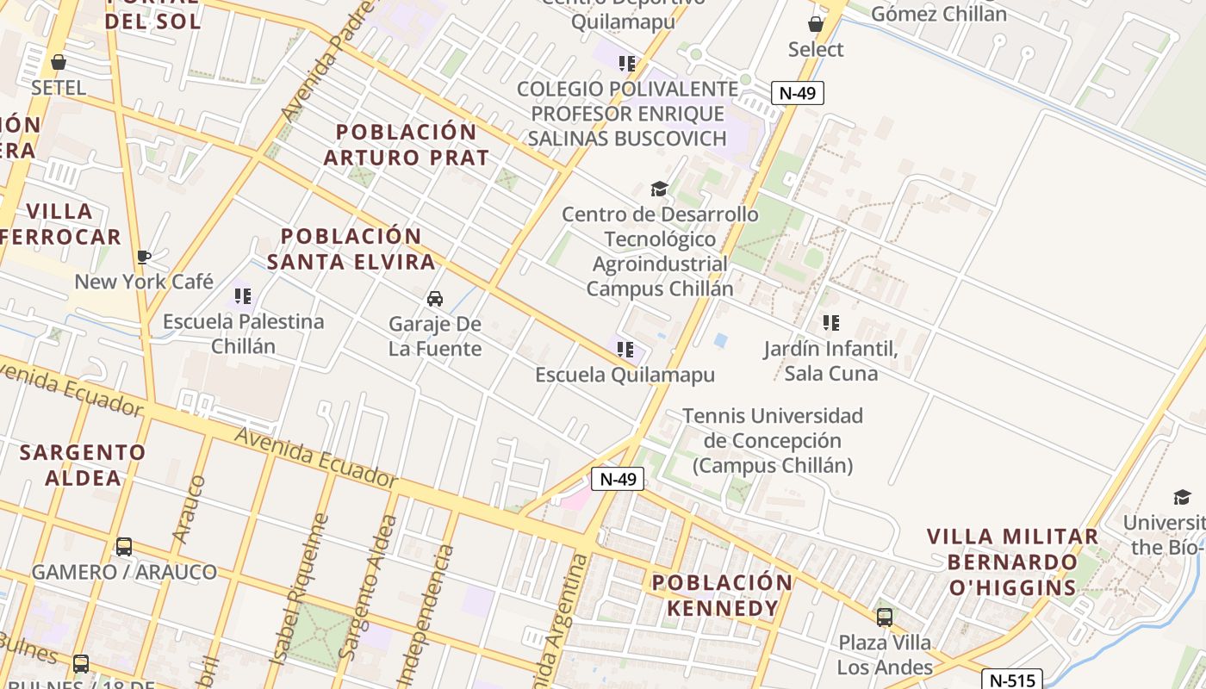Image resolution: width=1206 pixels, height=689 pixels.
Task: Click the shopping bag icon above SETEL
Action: pyautogui.click(x=59, y=62)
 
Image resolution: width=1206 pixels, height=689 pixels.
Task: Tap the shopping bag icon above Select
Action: pyautogui.click(x=815, y=24)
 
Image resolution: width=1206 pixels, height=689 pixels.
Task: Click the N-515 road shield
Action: pyautogui.click(x=1011, y=680)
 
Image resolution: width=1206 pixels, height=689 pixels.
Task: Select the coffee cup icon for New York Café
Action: pyautogui.click(x=144, y=257)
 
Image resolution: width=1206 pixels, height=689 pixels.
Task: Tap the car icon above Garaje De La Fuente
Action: pyautogui.click(x=435, y=299)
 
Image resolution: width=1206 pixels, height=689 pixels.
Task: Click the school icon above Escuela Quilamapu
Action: pyautogui.click(x=625, y=350)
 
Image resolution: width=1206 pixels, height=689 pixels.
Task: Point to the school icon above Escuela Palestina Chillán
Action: pyautogui.click(x=243, y=296)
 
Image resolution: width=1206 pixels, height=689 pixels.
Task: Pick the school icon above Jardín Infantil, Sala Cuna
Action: pyautogui.click(x=830, y=323)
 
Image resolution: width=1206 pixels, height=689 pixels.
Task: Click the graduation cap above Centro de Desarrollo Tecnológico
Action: pyautogui.click(x=659, y=189)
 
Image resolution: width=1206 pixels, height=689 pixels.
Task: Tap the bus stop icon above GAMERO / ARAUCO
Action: pyautogui.click(x=124, y=547)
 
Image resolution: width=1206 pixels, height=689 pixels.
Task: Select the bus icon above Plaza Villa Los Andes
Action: pyautogui.click(x=885, y=617)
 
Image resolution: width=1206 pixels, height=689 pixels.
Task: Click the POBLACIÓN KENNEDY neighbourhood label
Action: pyautogui.click(x=722, y=595)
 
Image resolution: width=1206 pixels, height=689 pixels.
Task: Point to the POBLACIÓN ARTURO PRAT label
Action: pyautogui.click(x=407, y=145)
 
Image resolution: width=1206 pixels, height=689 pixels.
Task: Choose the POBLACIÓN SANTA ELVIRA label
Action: pyautogui.click(x=351, y=249)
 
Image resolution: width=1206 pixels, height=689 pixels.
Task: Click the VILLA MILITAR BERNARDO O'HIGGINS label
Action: pyautogui.click(x=1012, y=562)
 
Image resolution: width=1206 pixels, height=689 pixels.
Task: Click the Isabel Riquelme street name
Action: pyautogui.click(x=298, y=589)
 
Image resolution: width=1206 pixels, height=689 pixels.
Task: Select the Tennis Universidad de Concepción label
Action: pyautogui.click(x=773, y=441)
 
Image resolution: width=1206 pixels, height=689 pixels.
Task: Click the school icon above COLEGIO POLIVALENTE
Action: pyautogui.click(x=626, y=63)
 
